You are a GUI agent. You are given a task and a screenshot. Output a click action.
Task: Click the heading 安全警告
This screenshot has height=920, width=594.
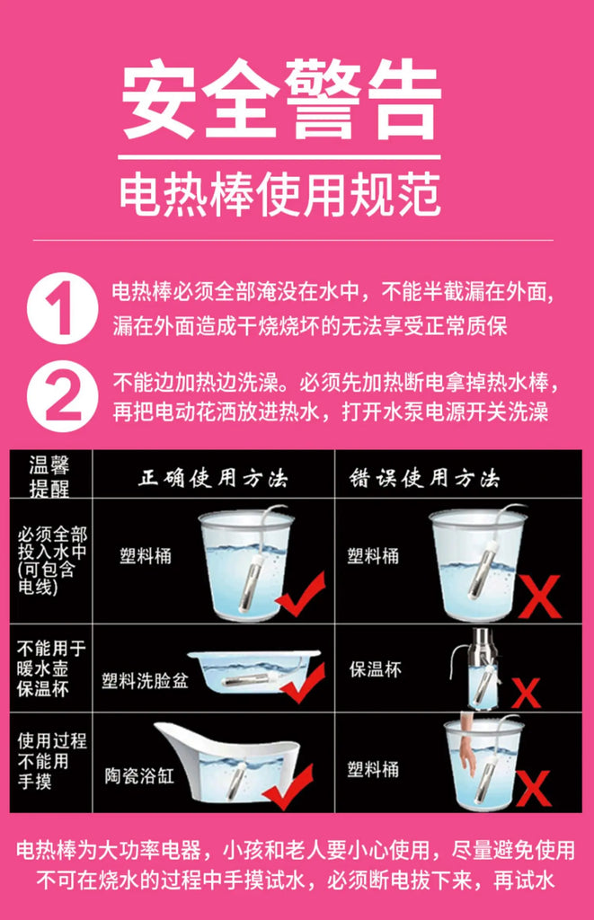coord(281,99)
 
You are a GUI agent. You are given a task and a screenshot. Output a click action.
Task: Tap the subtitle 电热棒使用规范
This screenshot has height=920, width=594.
coord(281,191)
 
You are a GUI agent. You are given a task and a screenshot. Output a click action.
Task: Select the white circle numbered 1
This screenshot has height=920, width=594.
coord(61,307)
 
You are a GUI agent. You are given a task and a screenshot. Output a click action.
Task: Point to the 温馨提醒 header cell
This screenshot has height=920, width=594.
coord(49,476)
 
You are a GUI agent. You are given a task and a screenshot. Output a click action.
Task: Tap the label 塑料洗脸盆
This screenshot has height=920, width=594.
coord(145,681)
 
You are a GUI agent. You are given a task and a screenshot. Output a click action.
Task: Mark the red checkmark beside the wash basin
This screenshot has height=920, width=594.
coord(302,684)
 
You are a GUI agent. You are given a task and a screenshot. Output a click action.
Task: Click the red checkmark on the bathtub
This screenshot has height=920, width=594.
coord(288,783)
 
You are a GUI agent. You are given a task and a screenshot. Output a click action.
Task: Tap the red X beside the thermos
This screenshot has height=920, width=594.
coord(527,692)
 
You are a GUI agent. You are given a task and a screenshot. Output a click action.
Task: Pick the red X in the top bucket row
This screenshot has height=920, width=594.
coord(539,597)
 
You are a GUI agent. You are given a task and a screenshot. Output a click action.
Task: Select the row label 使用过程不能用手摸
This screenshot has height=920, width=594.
coord(51,762)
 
